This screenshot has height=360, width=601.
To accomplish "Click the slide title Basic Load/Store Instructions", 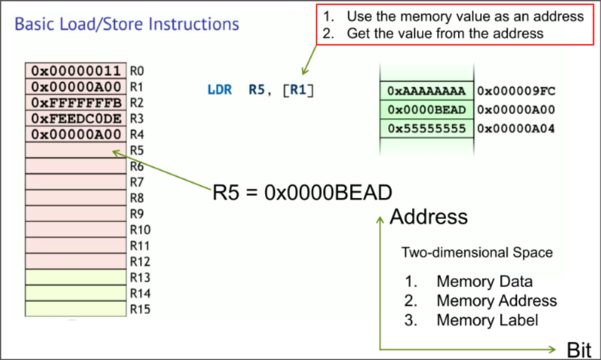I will pos(127,24).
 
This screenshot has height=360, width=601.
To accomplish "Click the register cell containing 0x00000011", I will pos(77,70).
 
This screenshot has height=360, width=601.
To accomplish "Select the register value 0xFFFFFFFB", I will pos(77,102).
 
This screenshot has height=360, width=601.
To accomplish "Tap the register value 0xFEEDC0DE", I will pos(77,118).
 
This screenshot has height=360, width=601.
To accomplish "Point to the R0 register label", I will pos(138,70).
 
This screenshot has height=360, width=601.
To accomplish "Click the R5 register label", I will pos(138,150).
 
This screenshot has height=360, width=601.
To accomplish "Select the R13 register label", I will pos(139,277).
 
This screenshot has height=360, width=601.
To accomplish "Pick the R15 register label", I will pos(139,309).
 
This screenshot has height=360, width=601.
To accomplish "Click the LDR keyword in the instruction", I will pos(220,90).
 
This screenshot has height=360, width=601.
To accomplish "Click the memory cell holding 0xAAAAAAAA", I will pos(426,91).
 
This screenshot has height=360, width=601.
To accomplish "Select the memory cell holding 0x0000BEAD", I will pos(426,110).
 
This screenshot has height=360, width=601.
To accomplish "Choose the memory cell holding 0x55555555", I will pos(426,129).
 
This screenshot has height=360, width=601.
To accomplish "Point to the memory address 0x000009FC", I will pos(517,91).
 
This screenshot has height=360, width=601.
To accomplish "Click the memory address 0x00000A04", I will pos(517,129).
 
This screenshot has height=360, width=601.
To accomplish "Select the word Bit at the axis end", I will pos(580,350).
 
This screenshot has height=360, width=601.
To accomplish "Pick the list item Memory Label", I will pos(487,320).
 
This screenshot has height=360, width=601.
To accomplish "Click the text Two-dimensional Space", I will pos(476,252).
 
